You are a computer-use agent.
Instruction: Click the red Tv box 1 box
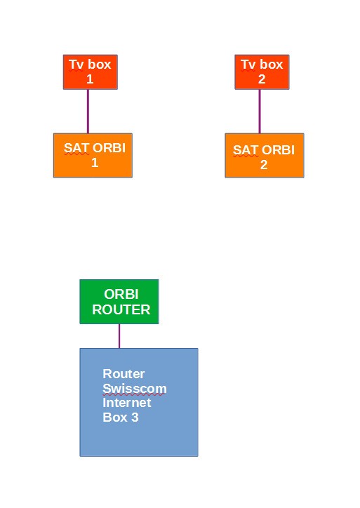90,72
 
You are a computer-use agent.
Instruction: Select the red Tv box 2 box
262,72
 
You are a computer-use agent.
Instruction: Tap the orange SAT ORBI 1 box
93,155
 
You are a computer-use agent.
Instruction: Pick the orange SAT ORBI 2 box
264,156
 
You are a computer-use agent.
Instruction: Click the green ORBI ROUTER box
119,302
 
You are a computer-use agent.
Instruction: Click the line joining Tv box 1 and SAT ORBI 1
88,111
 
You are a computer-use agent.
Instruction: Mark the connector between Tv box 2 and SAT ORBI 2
260,111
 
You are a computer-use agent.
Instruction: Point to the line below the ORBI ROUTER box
119,335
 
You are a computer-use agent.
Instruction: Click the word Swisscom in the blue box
134,389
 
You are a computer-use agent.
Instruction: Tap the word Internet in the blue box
126,403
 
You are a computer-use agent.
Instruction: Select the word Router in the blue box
124,374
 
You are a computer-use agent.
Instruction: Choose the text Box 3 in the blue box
121,417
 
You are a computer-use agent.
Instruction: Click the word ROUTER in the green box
121,309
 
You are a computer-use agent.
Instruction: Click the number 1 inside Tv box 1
90,79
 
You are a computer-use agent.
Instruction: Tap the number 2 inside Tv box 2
262,79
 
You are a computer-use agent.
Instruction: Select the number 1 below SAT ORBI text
95,163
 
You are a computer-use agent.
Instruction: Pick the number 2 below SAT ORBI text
264,165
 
